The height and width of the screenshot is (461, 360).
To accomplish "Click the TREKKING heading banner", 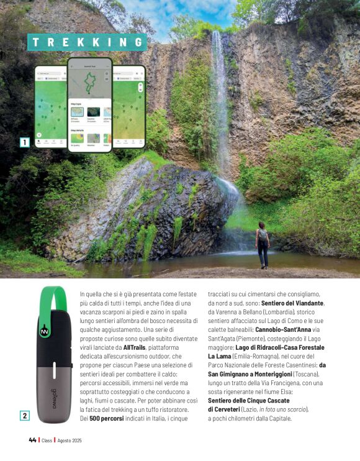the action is tap(88, 42).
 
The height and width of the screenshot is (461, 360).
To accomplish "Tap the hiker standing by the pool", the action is tap(263, 244).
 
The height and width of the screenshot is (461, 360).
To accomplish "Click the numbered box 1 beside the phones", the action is tap(25, 142).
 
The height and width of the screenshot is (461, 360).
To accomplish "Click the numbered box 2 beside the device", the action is tap(25, 416).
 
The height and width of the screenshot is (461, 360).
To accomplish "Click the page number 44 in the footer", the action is tap(32, 440).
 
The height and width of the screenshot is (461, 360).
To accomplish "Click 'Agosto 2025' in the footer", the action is tap(70, 440).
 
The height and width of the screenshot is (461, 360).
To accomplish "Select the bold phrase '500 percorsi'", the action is tap(107, 419).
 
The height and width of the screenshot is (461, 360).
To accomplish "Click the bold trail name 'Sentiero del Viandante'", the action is tap(289, 303).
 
